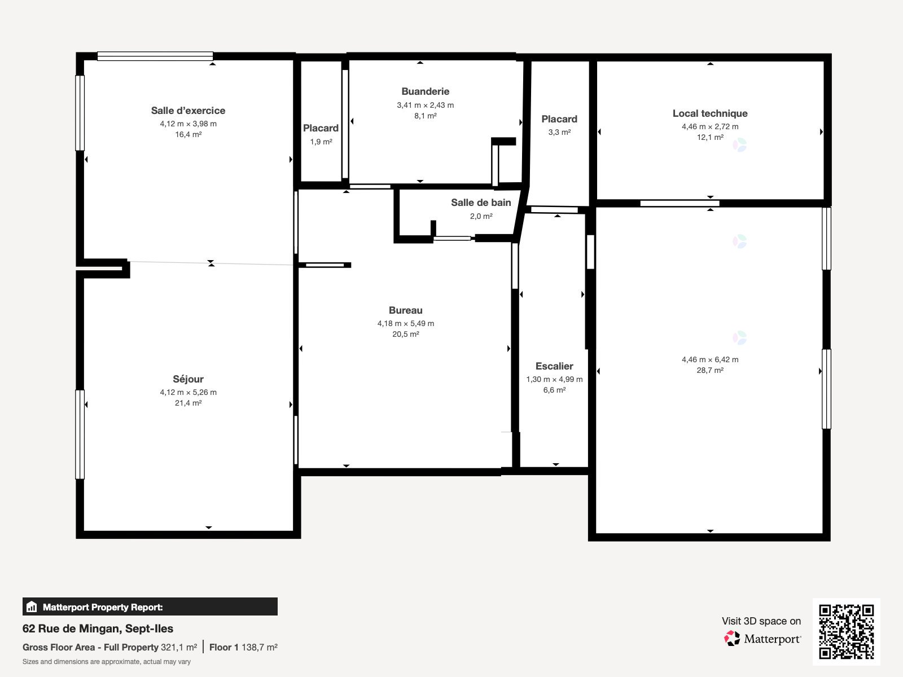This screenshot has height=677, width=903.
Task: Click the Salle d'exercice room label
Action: pos(188,111)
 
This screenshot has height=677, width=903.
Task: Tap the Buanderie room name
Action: pos(426,91)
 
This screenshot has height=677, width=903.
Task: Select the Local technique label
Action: pos(710,113)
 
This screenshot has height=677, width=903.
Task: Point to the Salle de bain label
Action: pos(481,203)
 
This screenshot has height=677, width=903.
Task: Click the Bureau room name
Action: pos(406,310)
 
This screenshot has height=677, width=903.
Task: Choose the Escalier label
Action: pos(554,366)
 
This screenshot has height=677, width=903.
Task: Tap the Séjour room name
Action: pos(188,379)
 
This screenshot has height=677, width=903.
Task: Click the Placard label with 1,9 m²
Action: pos(321,128)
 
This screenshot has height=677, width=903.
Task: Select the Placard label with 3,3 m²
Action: pos(559,119)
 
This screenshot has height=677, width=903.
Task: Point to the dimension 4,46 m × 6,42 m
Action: pos(710,360)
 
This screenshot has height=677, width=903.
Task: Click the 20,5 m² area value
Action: pos(406,334)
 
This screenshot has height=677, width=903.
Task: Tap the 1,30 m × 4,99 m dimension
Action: pos(554,379)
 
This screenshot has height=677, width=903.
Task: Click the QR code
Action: pos(846,632)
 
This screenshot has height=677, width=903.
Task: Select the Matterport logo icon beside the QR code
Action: pos(732,639)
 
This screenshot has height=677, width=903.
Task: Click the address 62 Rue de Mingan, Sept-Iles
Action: pos(98,628)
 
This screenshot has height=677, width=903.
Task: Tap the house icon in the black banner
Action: pos(32,606)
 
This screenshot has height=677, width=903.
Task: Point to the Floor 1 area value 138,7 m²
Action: pos(259,648)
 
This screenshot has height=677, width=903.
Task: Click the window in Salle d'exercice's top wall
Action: pos(155,56)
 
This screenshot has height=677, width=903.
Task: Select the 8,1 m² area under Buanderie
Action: pos(426,116)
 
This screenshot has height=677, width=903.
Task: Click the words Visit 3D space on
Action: pos(761,621)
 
